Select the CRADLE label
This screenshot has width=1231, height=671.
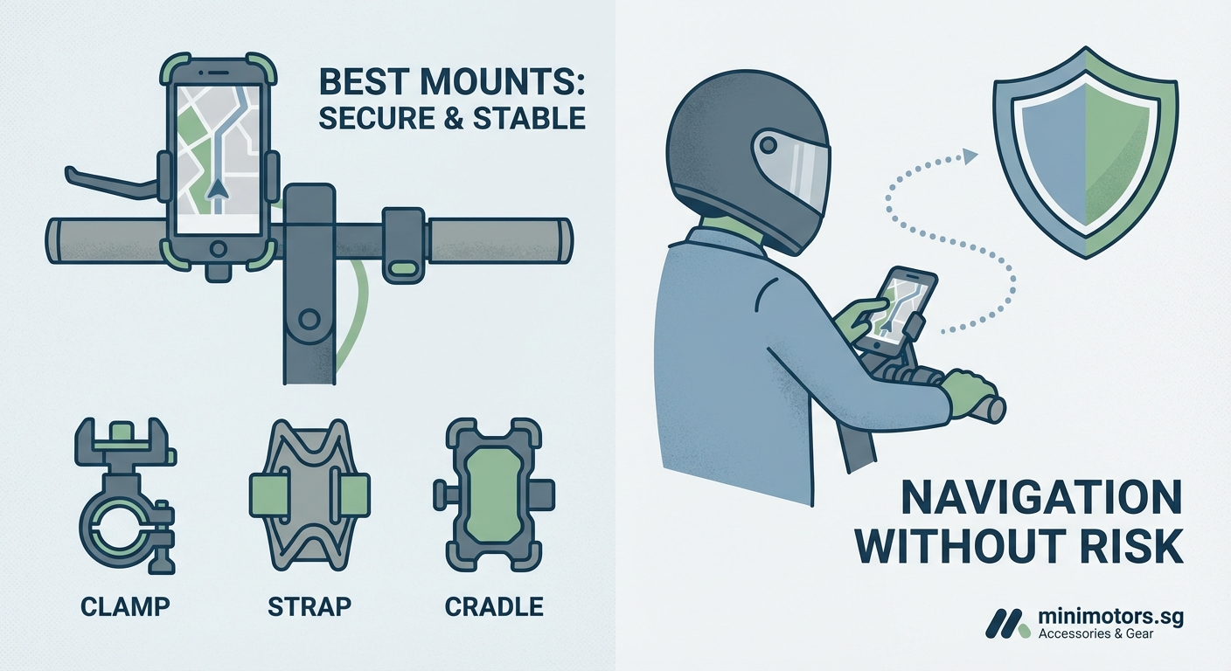(494, 606)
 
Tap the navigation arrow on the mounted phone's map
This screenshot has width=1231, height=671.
(217, 187)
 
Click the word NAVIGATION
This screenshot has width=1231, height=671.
(1040, 501)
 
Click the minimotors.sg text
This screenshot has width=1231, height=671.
(1110, 617)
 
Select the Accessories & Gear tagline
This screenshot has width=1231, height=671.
(1095, 634)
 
